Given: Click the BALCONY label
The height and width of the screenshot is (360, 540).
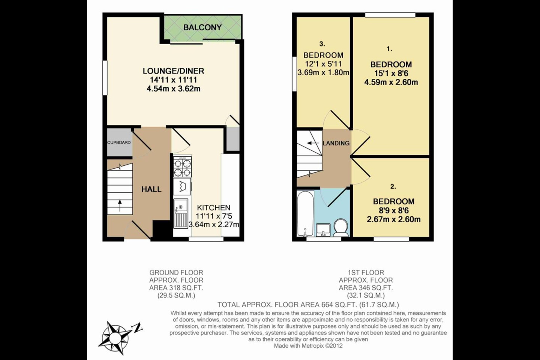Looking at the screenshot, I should [x=202, y=27].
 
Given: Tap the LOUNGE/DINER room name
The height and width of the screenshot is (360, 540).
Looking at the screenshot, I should [x=173, y=71].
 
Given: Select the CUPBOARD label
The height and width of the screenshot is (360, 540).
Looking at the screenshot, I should [x=119, y=142].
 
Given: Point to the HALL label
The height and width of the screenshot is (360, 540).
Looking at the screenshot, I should [x=151, y=189].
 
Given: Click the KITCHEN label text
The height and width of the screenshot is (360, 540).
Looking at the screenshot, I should [x=214, y=208].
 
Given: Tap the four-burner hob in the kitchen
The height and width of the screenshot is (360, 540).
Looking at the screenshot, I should [x=182, y=167].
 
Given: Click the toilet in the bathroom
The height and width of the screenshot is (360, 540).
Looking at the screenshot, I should [x=341, y=227].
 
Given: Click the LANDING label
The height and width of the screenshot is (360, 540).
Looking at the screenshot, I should [x=336, y=143].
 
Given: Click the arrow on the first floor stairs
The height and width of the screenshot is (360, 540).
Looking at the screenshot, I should [x=311, y=143].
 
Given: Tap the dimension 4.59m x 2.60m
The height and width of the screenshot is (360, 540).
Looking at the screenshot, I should [x=391, y=82].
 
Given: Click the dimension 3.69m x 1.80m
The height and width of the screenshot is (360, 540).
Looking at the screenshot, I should [x=323, y=73].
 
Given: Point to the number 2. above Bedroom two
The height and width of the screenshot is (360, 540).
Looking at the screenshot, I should [x=393, y=186].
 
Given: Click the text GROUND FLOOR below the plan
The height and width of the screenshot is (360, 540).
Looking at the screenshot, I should [x=176, y=273].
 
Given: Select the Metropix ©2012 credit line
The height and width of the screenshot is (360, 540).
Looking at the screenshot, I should [x=308, y=346].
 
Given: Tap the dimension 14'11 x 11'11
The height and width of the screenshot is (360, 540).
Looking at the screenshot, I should [x=173, y=80].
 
